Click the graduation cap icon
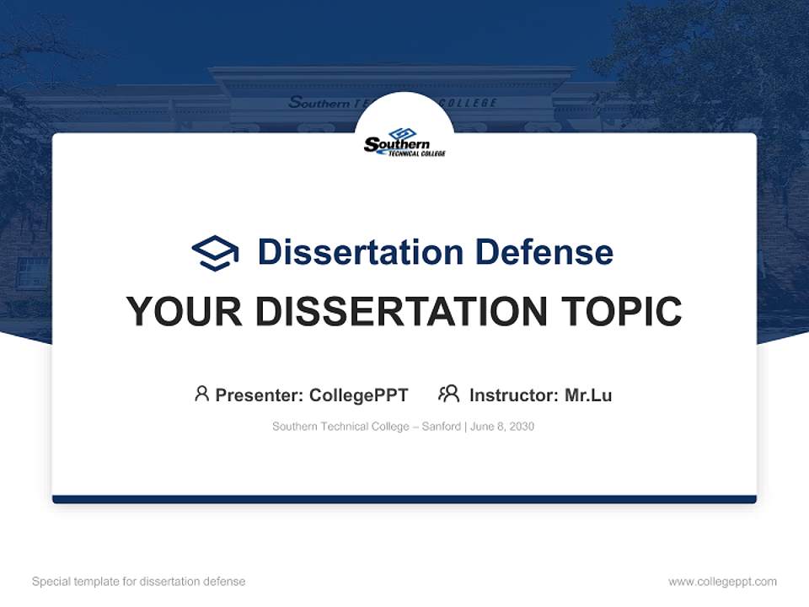215,253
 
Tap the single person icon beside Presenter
201,394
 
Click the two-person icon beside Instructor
448,394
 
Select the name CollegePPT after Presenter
358,395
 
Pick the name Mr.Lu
588,395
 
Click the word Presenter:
259,395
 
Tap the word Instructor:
513,395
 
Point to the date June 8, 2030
502,427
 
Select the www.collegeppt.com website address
722,582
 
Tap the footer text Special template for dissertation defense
139,582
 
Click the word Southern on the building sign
319,103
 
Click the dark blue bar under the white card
404,499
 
